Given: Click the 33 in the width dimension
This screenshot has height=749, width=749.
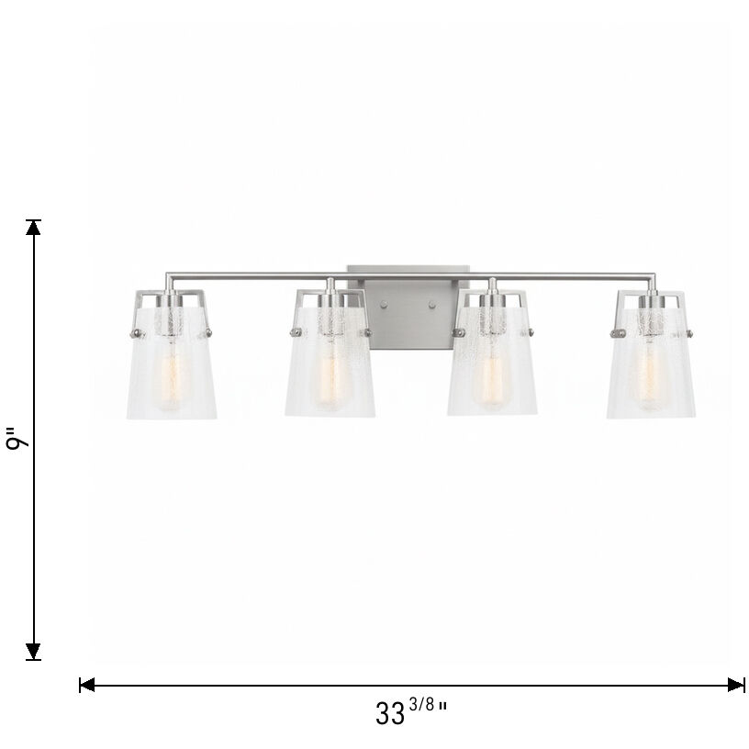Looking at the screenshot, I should click(390, 713).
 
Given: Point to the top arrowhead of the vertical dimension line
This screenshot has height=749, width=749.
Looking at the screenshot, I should click(34, 227).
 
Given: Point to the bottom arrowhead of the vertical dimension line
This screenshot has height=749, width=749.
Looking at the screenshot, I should click(34, 653).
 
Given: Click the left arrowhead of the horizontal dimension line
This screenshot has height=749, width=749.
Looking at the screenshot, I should click(87, 685).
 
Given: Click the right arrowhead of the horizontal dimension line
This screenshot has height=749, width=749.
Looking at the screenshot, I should click(736, 685).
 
